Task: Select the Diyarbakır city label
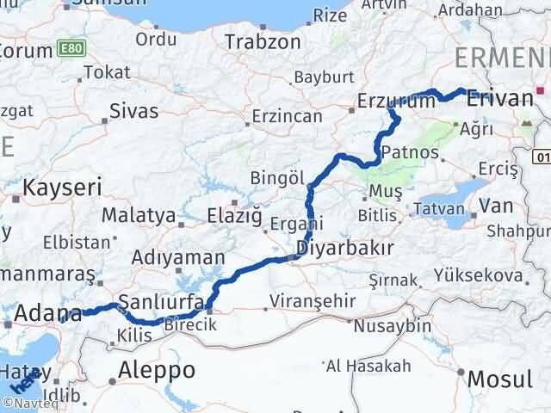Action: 344,249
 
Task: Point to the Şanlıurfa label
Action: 160,302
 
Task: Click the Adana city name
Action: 46,313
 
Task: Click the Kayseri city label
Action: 63,187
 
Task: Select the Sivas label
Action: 134,110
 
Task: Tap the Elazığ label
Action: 234,216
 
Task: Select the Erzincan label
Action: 288,116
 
